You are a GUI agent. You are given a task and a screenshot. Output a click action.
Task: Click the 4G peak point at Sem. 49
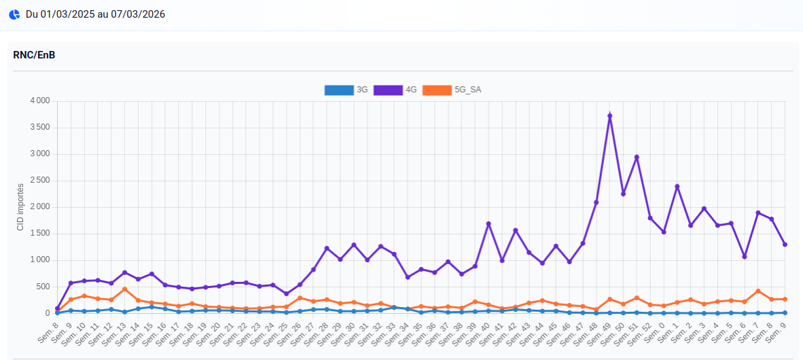pyautogui.click(x=610, y=116)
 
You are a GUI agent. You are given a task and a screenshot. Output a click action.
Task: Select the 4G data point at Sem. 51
pyautogui.click(x=637, y=158)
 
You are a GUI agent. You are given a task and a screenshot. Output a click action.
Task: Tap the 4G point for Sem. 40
pyautogui.click(x=488, y=224)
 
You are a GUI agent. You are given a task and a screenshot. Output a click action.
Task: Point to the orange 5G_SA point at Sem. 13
pyautogui.click(x=124, y=289)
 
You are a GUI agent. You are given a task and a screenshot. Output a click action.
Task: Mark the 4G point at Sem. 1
pyautogui.click(x=677, y=187)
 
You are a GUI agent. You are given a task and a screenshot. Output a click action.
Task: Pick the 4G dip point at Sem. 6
pyautogui.click(x=745, y=257)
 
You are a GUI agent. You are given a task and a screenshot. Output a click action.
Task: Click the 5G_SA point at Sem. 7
pyautogui.click(x=758, y=291)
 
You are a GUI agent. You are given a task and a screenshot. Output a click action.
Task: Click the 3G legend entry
pyautogui.click(x=346, y=90)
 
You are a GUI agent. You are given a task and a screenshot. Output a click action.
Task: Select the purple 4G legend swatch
pyautogui.click(x=388, y=90)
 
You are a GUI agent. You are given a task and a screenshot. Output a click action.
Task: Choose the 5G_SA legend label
pyautogui.click(x=468, y=90)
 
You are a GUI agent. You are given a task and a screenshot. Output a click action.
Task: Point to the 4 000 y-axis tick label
pyautogui.click(x=40, y=101)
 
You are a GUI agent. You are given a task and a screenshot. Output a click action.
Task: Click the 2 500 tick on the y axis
pyautogui.click(x=40, y=181)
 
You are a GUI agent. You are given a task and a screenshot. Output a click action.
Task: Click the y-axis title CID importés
pyautogui.click(x=20, y=207)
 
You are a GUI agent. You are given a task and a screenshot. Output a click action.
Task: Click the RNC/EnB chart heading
pyautogui.click(x=34, y=55)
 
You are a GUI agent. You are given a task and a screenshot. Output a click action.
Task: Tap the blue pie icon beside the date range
pyautogui.click(x=14, y=14)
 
